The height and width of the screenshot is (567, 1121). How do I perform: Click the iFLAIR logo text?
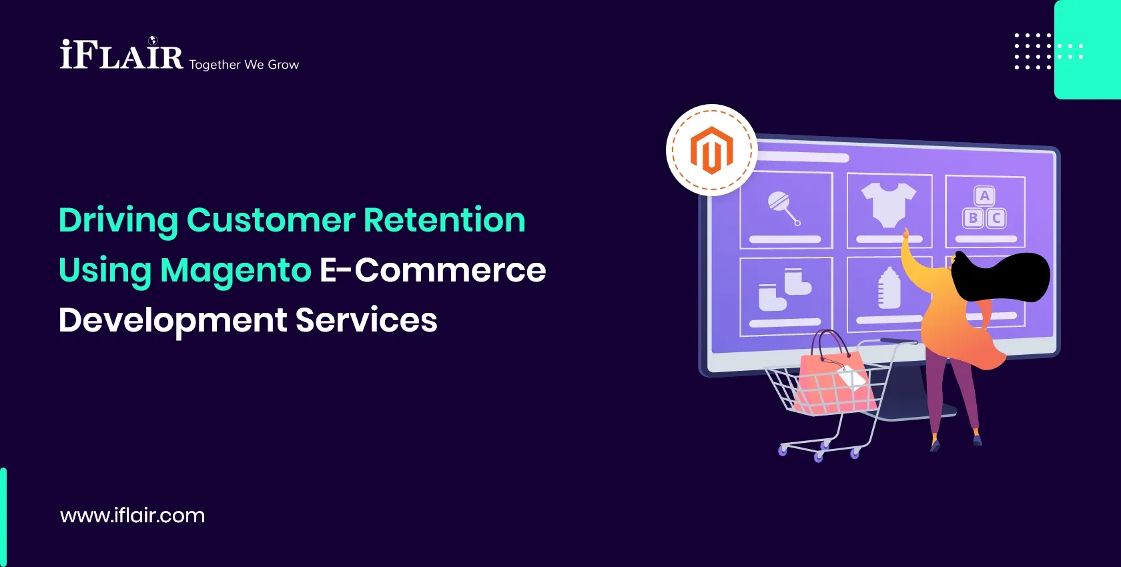tap(121, 55)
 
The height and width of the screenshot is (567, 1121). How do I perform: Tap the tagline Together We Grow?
tap(244, 65)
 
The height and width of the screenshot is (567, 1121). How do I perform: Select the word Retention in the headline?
tap(444, 220)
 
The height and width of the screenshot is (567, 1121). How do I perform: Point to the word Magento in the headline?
tap(236, 270)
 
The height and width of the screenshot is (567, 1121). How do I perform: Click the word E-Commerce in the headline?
tap(432, 270)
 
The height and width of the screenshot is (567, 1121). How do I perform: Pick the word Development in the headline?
tap(172, 320)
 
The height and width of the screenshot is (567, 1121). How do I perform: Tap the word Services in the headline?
tap(366, 320)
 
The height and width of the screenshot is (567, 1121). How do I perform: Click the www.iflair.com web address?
tap(132, 515)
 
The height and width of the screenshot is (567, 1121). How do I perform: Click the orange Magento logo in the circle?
tap(711, 150)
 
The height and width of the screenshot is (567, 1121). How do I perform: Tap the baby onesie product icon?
tap(888, 205)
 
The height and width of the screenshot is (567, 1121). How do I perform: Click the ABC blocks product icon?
tap(984, 207)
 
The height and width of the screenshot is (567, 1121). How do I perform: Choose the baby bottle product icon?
tap(889, 288)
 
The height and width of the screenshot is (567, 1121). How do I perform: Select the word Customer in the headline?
tap(271, 220)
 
